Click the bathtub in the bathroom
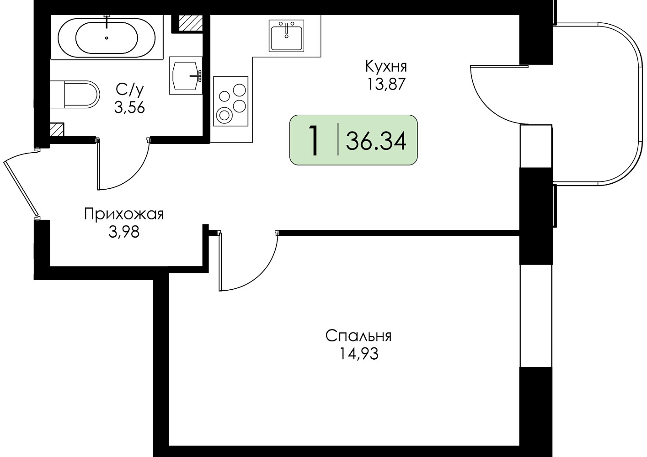coord(107,37)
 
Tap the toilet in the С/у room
coord(75,95)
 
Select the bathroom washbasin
coord(186,76)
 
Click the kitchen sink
coord(286,36)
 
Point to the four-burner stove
coord(230,101)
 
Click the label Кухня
coord(386,66)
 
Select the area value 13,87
coord(386,84)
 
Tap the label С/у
coord(130,90)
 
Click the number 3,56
coord(129,108)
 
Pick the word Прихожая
coord(124,214)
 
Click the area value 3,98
coord(124,232)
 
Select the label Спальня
coord(358,336)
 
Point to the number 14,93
coord(358,353)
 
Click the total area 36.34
coord(376,141)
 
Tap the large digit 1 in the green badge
coord(314,141)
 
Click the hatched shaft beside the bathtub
coord(190,22)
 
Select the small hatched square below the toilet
coord(57,130)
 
